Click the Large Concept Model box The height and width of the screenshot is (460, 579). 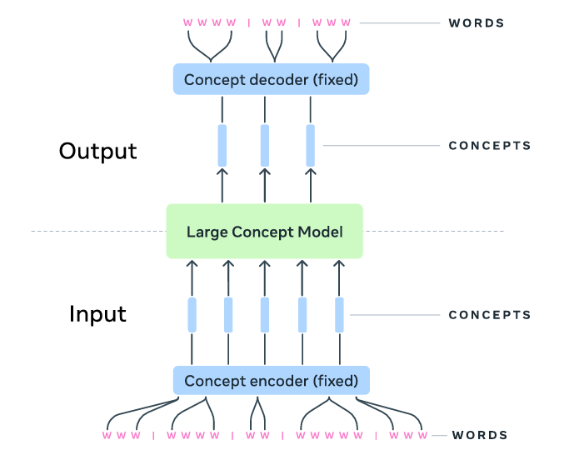click(264, 231)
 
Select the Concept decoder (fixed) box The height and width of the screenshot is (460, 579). click(271, 80)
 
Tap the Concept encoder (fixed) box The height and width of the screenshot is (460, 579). click(271, 381)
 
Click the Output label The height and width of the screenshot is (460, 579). click(97, 152)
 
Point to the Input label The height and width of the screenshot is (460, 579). click(97, 314)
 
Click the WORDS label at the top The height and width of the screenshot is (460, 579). click(477, 22)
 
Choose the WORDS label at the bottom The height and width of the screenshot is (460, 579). click(479, 435)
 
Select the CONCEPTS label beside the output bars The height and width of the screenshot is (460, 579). click(490, 146)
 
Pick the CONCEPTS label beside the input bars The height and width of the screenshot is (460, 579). click(490, 315)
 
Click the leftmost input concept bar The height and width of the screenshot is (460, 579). click(192, 314)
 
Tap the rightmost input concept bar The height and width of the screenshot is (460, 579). click(339, 314)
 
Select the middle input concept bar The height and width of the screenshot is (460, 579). click(265, 314)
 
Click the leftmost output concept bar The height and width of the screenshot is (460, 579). click(222, 145)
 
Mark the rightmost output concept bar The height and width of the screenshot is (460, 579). click(311, 145)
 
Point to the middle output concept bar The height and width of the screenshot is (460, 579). click(265, 145)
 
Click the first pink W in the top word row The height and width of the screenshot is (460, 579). click(187, 22)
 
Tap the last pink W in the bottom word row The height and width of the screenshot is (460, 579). click(424, 436)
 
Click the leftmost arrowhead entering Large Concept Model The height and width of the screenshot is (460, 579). click(192, 264)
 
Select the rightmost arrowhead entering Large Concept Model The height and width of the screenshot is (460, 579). click(338, 264)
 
